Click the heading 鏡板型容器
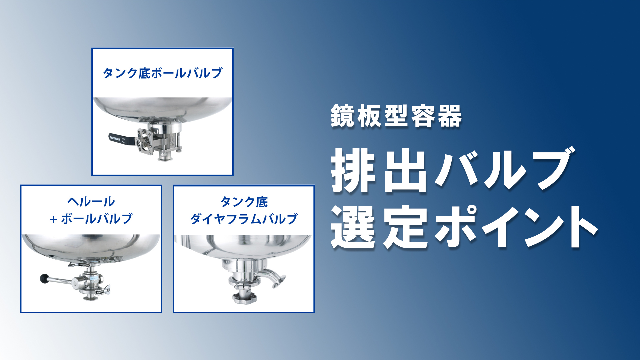396,116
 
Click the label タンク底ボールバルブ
162,73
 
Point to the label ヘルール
91,202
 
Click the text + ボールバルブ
91,219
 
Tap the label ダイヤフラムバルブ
244,219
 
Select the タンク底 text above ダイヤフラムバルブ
244,202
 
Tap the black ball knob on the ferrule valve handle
44,278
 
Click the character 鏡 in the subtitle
342,116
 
